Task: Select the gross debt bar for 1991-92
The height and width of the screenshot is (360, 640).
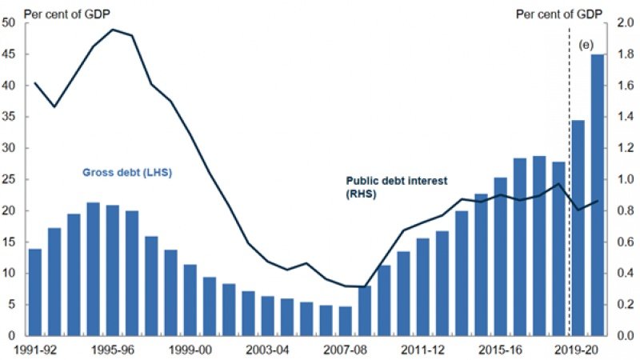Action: point(34,291)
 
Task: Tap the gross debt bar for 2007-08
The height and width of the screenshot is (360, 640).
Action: point(345,320)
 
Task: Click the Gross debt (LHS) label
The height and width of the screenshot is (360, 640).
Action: point(128,172)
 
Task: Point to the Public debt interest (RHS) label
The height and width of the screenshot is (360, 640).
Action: point(385,186)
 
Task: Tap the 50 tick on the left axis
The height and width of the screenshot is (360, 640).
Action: point(10,22)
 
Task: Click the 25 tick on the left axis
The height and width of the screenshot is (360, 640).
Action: point(10,179)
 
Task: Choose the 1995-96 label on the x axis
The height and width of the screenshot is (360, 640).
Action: point(113,350)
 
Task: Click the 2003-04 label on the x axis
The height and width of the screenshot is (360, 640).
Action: point(268,350)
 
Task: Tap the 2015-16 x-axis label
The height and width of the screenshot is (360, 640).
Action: point(501,350)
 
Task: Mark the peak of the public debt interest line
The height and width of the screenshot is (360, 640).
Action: point(113,30)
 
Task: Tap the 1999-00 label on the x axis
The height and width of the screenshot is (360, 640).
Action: point(190,350)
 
